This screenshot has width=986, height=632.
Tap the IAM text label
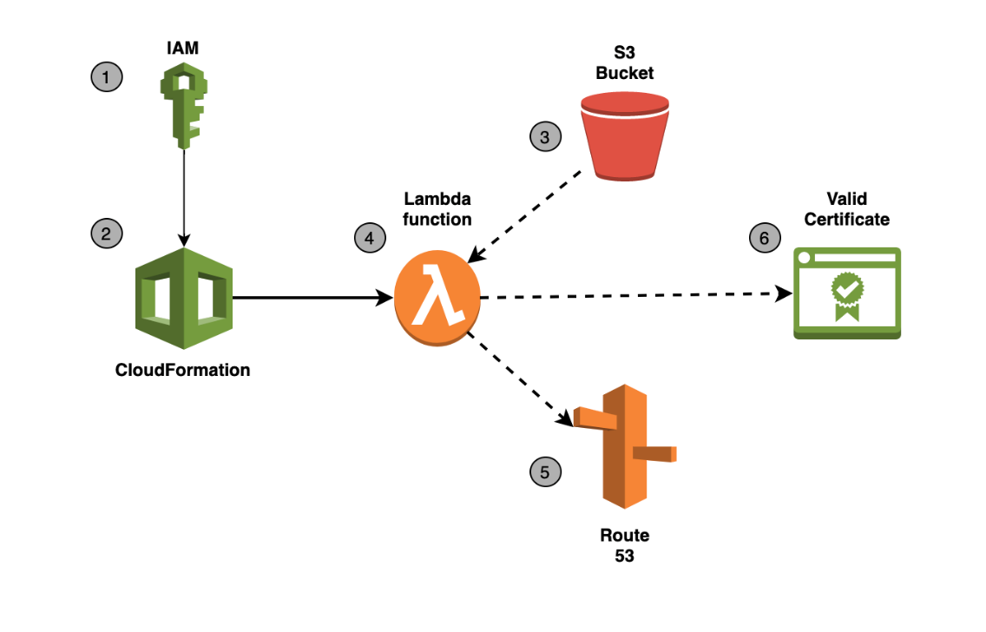click(x=182, y=49)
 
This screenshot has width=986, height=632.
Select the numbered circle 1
click(x=107, y=77)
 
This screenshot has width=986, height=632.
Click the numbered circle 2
click(x=107, y=234)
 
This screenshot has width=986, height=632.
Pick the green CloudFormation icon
click(x=183, y=298)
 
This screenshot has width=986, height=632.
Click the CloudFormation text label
click(x=182, y=370)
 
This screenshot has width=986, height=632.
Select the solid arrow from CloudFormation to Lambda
click(x=312, y=298)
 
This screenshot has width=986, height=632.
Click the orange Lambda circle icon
click(x=437, y=298)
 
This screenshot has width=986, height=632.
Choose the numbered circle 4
click(x=370, y=237)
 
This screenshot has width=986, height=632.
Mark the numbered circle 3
click(x=545, y=136)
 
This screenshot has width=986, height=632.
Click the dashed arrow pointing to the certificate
click(x=634, y=295)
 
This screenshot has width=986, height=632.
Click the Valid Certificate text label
click(x=846, y=210)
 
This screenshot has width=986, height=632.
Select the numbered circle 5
click(x=545, y=472)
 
